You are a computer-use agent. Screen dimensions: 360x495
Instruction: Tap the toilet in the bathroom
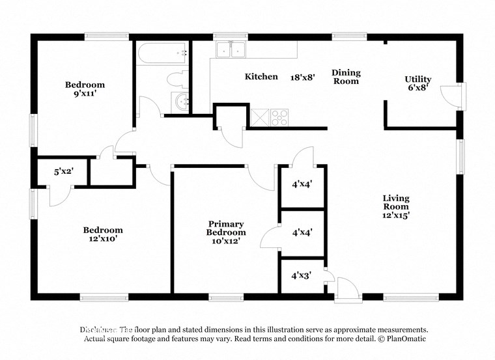click(x=177, y=79)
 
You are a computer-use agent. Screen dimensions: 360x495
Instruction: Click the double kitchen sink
click(x=231, y=49)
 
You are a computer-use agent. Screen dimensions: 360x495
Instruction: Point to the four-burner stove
click(x=280, y=117)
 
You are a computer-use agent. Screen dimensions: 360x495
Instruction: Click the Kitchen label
click(x=261, y=77)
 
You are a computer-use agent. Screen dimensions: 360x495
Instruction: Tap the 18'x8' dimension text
click(x=303, y=77)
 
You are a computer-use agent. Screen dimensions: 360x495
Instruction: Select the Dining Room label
click(x=346, y=77)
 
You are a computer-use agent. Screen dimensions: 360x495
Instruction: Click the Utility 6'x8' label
click(x=417, y=83)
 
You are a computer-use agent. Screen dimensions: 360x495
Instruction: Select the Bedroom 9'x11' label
click(x=85, y=89)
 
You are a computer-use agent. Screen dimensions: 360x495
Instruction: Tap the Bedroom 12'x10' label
click(x=103, y=234)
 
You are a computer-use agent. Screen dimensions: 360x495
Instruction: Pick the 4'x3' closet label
click(x=301, y=275)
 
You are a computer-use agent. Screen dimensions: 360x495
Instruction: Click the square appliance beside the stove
click(x=260, y=117)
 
